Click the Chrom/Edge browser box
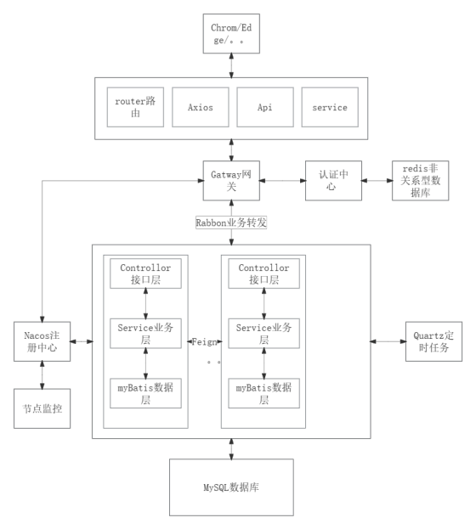(x=231, y=33)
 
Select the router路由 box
(x=135, y=107)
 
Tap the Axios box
(x=201, y=107)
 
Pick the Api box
(x=265, y=107)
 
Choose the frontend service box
(x=330, y=107)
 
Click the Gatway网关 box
(x=231, y=181)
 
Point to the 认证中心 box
(x=333, y=181)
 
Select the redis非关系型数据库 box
(x=420, y=181)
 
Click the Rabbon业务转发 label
(x=231, y=222)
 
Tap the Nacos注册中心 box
(x=42, y=341)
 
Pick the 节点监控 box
(x=42, y=408)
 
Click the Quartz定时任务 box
(x=433, y=341)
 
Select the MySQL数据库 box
(x=231, y=487)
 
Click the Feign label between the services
(x=204, y=342)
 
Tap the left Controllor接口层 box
(x=145, y=273)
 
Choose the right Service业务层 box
(x=263, y=334)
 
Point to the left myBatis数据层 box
(x=145, y=393)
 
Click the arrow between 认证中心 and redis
(x=377, y=181)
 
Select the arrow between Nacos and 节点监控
(x=42, y=375)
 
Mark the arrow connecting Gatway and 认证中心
(x=282, y=181)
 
